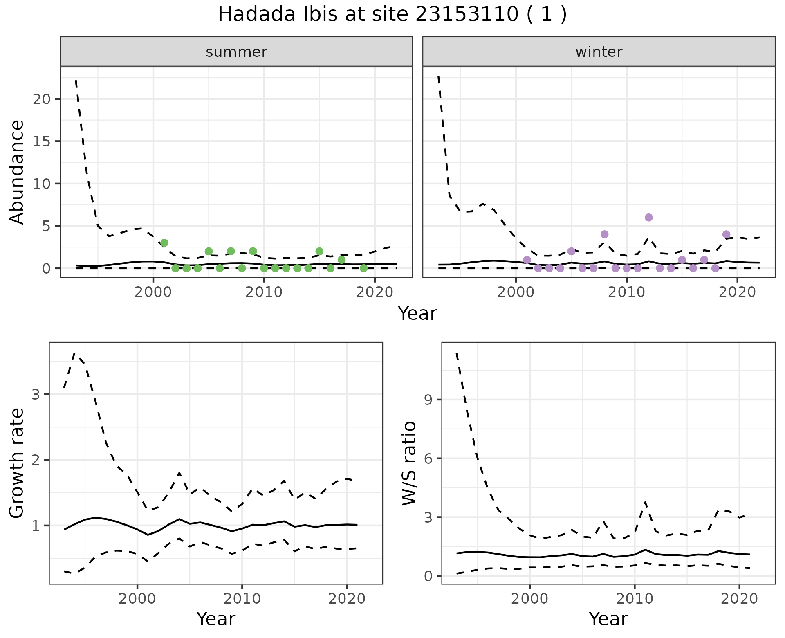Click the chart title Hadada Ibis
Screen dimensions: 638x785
[392, 15]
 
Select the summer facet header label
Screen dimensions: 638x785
[236, 52]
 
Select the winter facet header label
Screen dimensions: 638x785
[599, 52]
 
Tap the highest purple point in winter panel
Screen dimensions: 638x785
[649, 218]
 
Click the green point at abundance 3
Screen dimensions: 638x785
[164, 243]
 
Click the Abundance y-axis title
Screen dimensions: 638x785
[17, 172]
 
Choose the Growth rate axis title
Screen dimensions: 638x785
[17, 463]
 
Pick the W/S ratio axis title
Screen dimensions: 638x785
[409, 463]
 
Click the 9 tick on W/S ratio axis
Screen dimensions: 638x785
[428, 400]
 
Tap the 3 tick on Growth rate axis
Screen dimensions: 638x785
[36, 395]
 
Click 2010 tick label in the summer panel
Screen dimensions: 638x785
[264, 292]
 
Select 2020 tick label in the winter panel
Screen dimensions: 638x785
[737, 292]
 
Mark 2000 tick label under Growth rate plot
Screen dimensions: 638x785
[137, 599]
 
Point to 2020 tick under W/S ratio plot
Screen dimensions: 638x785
[739, 599]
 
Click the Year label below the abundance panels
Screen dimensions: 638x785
[417, 314]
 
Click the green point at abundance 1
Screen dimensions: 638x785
[342, 260]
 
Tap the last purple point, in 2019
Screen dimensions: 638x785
[726, 234]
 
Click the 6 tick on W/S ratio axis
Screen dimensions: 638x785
[428, 458]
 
